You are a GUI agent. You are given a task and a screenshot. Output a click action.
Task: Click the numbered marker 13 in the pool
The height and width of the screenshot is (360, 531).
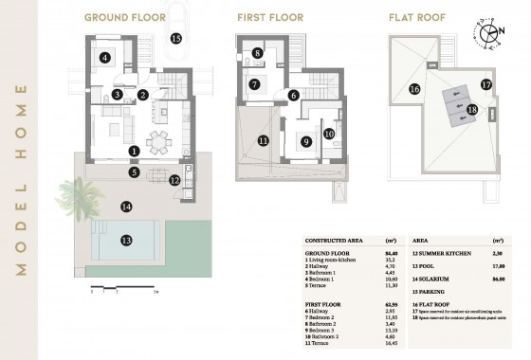pyautogui.click(x=126, y=241)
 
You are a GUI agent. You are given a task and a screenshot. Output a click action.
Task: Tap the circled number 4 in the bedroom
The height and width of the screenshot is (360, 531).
pyautogui.click(x=105, y=58)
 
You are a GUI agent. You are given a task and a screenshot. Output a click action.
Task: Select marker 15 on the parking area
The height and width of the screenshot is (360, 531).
pyautogui.click(x=175, y=39)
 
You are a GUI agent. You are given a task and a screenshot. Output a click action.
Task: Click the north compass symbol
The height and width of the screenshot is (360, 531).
pyautogui.click(x=489, y=33)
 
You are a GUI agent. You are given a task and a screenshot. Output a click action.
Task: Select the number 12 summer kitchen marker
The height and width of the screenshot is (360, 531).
pyautogui.click(x=174, y=180)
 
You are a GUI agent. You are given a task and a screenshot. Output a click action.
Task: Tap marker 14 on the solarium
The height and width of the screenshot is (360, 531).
pyautogui.click(x=125, y=206)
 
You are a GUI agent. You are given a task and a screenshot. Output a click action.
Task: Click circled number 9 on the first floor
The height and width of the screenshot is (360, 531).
pyautogui.click(x=305, y=142)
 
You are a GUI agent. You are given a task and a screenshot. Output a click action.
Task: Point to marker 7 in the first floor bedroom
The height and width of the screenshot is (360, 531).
pyautogui.click(x=254, y=84)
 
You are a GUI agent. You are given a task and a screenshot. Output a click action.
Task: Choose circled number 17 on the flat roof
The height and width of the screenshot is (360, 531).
pyautogui.click(x=485, y=84)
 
